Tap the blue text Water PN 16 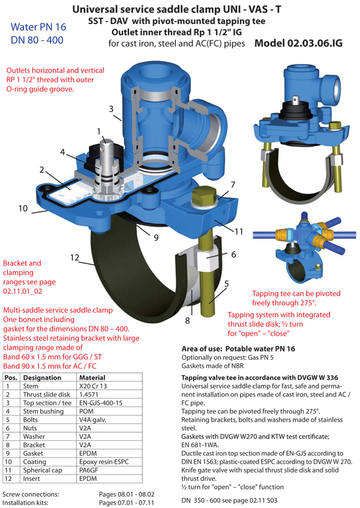click(38, 27)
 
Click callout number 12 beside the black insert click(74, 257)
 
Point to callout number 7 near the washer click(233, 185)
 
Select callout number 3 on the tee click(111, 109)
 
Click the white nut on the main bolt click(207, 256)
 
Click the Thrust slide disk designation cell click(46, 395)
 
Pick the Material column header click(92, 378)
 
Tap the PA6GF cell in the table click(88, 470)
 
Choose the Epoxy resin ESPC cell click(104, 462)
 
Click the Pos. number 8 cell click(8, 445)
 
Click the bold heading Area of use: click(202, 349)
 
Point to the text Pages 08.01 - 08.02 click(127, 494)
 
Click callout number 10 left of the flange click(23, 208)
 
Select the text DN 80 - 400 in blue click(37, 40)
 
